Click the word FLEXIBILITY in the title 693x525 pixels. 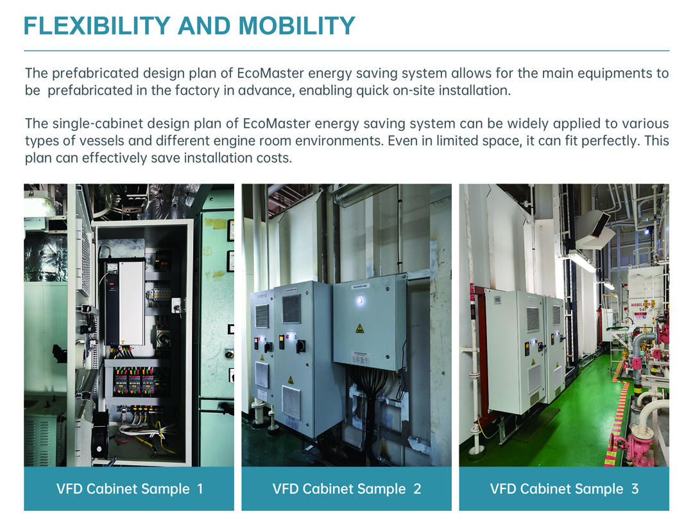click(97, 26)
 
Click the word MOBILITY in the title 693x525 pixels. click(297, 26)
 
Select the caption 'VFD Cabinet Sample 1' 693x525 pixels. click(130, 489)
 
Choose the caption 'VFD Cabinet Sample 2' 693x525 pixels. click(347, 489)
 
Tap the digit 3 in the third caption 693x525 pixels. click(635, 489)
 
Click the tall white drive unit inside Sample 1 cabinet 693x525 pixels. click(132, 303)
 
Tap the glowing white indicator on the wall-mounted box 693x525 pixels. click(360, 300)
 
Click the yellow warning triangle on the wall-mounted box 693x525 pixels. click(360, 329)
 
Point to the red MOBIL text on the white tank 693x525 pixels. click(637, 304)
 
